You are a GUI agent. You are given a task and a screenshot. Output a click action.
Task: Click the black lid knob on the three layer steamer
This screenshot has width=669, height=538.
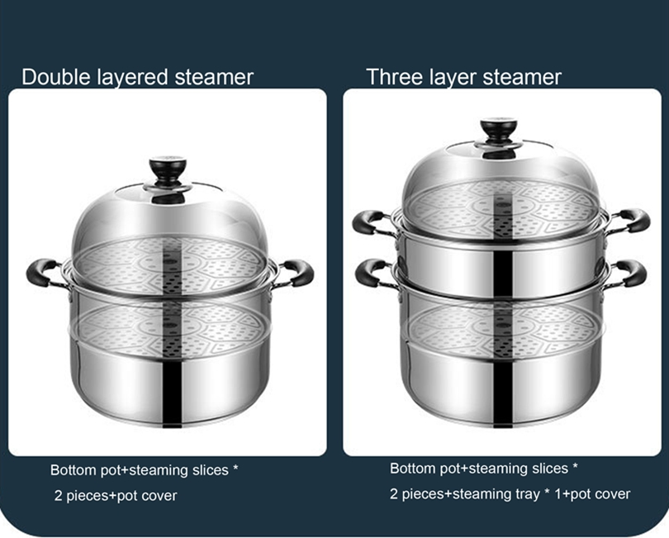[x=499, y=131]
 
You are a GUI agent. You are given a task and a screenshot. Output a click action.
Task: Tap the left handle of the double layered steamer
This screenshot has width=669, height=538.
[x=42, y=272]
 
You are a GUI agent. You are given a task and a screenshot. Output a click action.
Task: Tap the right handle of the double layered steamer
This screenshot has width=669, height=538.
[x=298, y=270]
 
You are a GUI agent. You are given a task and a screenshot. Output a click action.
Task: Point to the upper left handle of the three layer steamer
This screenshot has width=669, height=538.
[x=369, y=221]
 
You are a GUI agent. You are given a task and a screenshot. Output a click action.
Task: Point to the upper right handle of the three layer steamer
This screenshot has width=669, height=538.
[x=633, y=219]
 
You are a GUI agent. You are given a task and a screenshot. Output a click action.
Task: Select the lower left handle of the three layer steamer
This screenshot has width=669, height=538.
[x=370, y=271]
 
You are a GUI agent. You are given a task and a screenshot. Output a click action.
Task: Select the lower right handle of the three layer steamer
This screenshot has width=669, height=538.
[x=633, y=271]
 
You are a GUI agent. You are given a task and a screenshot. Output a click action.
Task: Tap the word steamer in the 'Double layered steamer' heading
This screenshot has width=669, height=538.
[x=214, y=78]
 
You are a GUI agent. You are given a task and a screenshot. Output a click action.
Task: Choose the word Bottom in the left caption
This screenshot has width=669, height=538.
[x=73, y=470]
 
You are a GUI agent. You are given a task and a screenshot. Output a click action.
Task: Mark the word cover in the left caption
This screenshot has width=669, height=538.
[x=159, y=496]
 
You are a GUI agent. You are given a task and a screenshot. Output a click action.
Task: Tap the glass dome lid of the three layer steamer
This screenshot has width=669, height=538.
[x=499, y=178]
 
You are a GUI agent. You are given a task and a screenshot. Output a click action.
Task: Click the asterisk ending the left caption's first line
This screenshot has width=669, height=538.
[x=235, y=469]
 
